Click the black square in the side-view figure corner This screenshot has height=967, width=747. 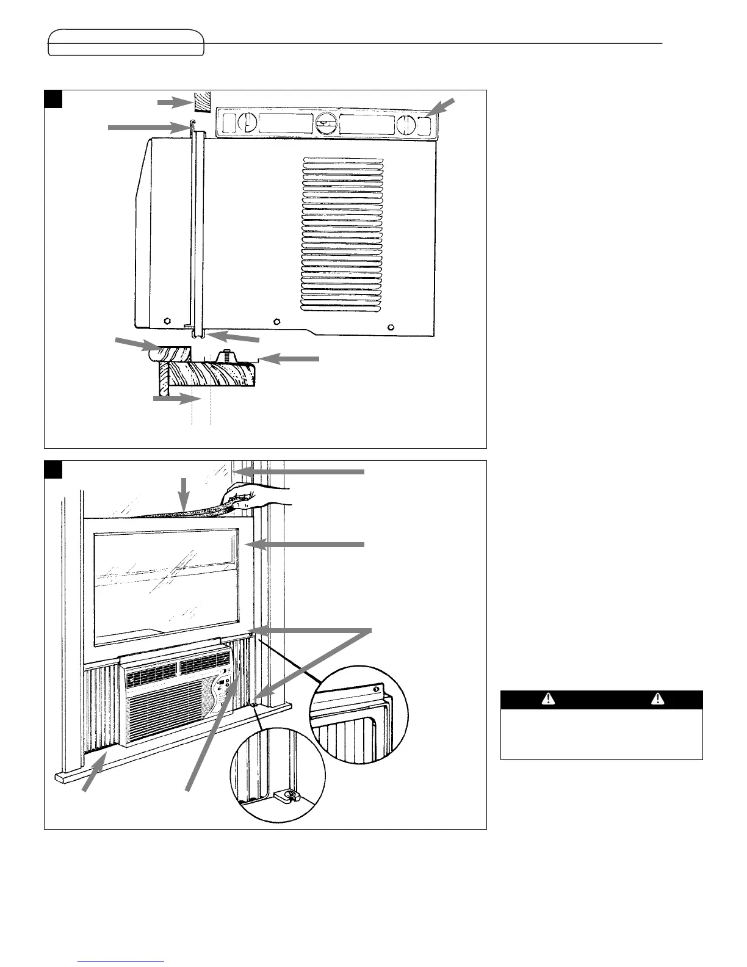coord(54,99)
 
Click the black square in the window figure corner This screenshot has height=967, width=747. coord(54,469)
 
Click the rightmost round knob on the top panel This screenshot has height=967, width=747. coord(405,125)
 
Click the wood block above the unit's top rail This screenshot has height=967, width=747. coord(201,101)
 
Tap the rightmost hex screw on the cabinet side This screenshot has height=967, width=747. coord(391,325)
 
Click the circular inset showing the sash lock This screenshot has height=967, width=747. coord(276,774)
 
